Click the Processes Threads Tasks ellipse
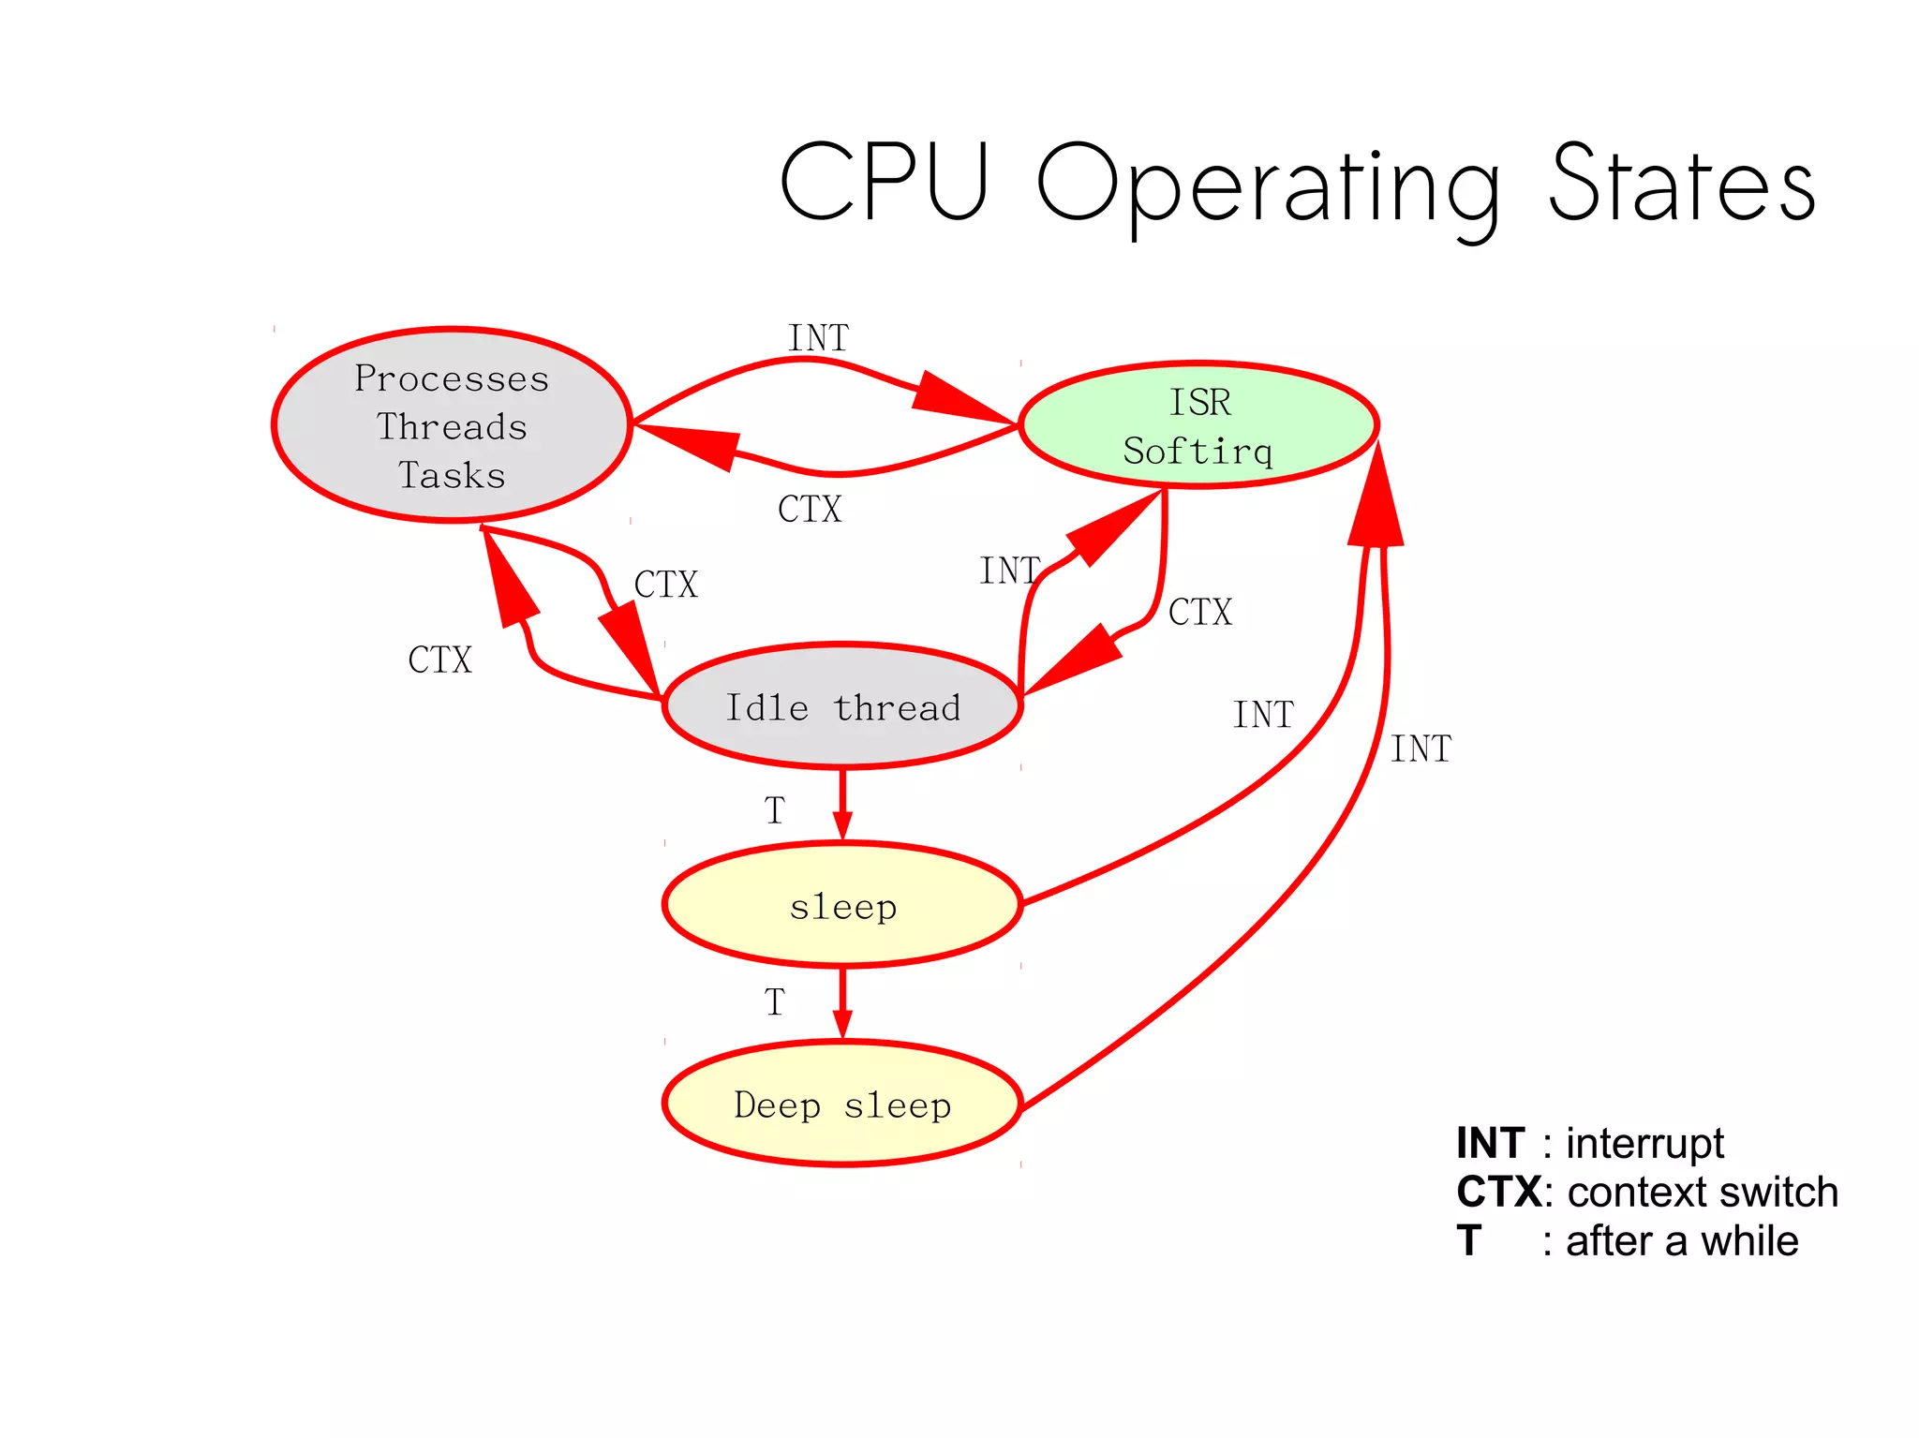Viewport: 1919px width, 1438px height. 452,425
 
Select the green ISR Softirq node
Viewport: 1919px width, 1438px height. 1198,425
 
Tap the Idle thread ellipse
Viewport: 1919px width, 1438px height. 842,706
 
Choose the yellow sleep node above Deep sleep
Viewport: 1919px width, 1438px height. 842,905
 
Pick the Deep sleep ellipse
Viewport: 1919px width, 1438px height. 842,1104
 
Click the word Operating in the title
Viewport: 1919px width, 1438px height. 1270,185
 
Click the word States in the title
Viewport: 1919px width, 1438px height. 1683,183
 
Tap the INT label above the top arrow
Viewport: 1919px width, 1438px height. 818,338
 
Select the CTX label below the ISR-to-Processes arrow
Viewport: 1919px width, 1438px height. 810,510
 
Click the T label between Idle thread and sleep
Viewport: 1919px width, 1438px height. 774,810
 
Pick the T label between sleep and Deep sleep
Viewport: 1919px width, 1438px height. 774,1002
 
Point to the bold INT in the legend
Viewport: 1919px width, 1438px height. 1490,1144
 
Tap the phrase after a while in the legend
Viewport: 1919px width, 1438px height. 1682,1241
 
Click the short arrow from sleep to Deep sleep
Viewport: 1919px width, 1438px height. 842,1003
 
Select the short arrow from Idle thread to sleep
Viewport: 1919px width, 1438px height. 842,805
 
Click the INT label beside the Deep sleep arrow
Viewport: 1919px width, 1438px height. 1421,749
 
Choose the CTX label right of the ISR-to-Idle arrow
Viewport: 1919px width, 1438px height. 1200,613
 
